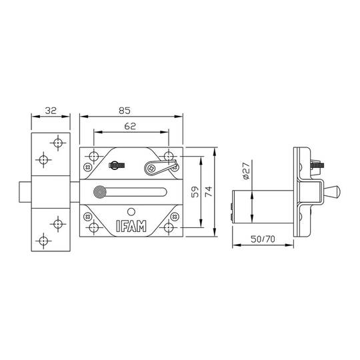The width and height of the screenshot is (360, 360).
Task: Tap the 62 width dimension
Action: point(131,125)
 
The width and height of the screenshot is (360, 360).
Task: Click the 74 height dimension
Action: point(209,192)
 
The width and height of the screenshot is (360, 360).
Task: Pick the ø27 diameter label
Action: point(245,173)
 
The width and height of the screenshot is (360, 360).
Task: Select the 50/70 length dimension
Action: point(265,239)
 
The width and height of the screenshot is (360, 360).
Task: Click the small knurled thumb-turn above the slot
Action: point(115,164)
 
